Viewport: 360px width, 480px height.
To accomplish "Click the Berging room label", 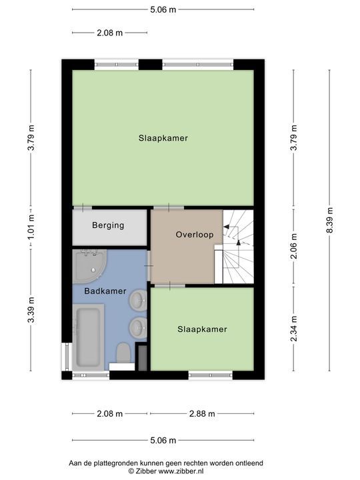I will (108, 225).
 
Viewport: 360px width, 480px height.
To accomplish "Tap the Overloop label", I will (194, 235).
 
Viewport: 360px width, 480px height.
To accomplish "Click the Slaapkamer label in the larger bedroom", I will (163, 139).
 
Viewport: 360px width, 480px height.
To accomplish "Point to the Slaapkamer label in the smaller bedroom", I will (202, 329).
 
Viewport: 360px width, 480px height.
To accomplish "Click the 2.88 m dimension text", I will (202, 414).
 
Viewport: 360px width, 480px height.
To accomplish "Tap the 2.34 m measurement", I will (293, 329).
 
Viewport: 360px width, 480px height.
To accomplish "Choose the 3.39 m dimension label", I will (30, 311).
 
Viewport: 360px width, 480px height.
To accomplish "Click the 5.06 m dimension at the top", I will (163, 9).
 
